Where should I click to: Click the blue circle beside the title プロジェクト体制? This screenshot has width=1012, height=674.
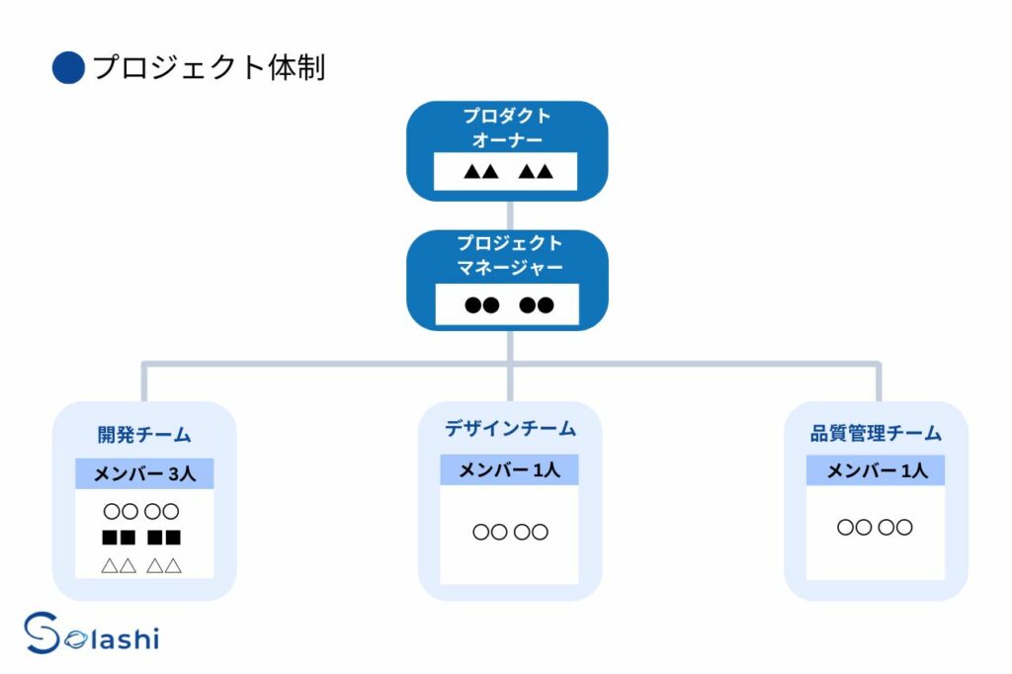coord(68,67)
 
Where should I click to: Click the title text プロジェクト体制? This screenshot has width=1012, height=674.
coord(209,67)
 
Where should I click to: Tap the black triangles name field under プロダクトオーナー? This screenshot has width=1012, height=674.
coord(508,172)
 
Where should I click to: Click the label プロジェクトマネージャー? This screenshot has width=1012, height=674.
coord(508,255)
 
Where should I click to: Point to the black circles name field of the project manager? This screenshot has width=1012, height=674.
coord(508,303)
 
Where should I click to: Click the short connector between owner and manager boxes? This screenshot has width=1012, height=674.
coord(508,215)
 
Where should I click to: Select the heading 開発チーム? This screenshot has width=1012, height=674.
coord(144,435)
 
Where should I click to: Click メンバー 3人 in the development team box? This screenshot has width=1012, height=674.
coord(144,474)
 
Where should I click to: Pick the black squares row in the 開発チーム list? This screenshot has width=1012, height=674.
coord(141,539)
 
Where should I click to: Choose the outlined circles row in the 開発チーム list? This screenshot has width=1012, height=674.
coord(141,512)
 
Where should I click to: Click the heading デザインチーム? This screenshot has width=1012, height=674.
coord(509,429)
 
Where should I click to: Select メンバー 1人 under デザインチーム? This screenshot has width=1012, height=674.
coord(509,470)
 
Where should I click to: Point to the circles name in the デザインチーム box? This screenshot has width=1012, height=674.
coord(509,533)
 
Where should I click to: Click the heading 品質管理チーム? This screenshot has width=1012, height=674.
coord(876,434)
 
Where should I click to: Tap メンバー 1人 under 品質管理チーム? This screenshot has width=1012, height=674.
coord(876,471)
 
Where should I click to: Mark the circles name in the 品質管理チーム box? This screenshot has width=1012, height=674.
coord(875,528)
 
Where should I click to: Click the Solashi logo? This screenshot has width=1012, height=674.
coord(91,634)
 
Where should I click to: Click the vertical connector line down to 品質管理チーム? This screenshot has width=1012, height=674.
coord(877,383)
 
